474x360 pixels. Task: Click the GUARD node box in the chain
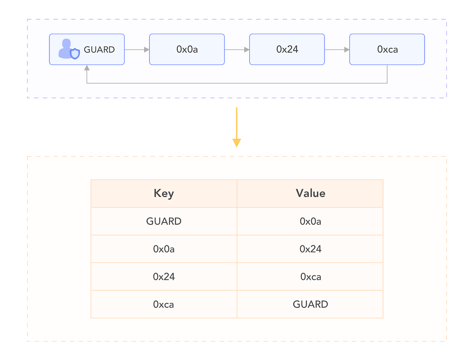point(87,49)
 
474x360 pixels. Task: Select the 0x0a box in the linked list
point(187,49)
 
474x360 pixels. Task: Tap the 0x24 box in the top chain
point(287,49)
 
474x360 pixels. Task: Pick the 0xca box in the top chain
point(387,49)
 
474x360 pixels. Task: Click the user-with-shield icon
point(69,49)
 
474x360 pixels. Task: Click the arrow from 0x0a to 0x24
point(237,50)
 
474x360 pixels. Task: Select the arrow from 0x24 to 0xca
point(337,50)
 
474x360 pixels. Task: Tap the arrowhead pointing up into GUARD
point(87,68)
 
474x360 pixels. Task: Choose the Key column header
point(164,194)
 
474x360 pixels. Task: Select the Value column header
point(310,194)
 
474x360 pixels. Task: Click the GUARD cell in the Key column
point(164,221)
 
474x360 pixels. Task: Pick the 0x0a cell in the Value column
point(310,221)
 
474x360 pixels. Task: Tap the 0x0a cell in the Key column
point(164,249)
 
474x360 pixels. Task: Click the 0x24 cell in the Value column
point(310,249)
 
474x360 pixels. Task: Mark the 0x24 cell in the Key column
point(164,277)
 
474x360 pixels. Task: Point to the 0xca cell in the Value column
point(310,277)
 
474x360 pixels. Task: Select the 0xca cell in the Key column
point(164,304)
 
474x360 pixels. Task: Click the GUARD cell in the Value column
point(310,304)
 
